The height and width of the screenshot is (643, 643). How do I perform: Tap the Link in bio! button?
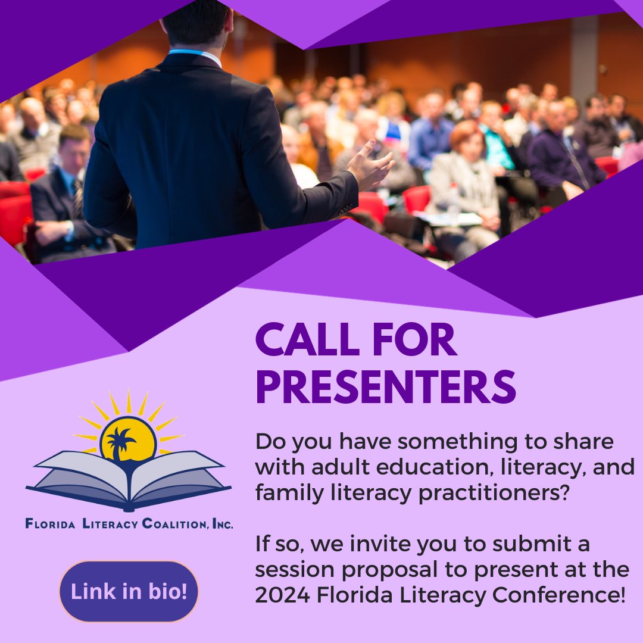pyautogui.click(x=129, y=592)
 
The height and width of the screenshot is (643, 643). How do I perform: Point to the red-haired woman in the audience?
pyautogui.click(x=466, y=143)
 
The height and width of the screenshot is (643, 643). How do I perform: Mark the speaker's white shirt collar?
pyautogui.click(x=197, y=54)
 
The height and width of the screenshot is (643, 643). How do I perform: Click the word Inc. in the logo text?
pyautogui.click(x=222, y=525)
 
